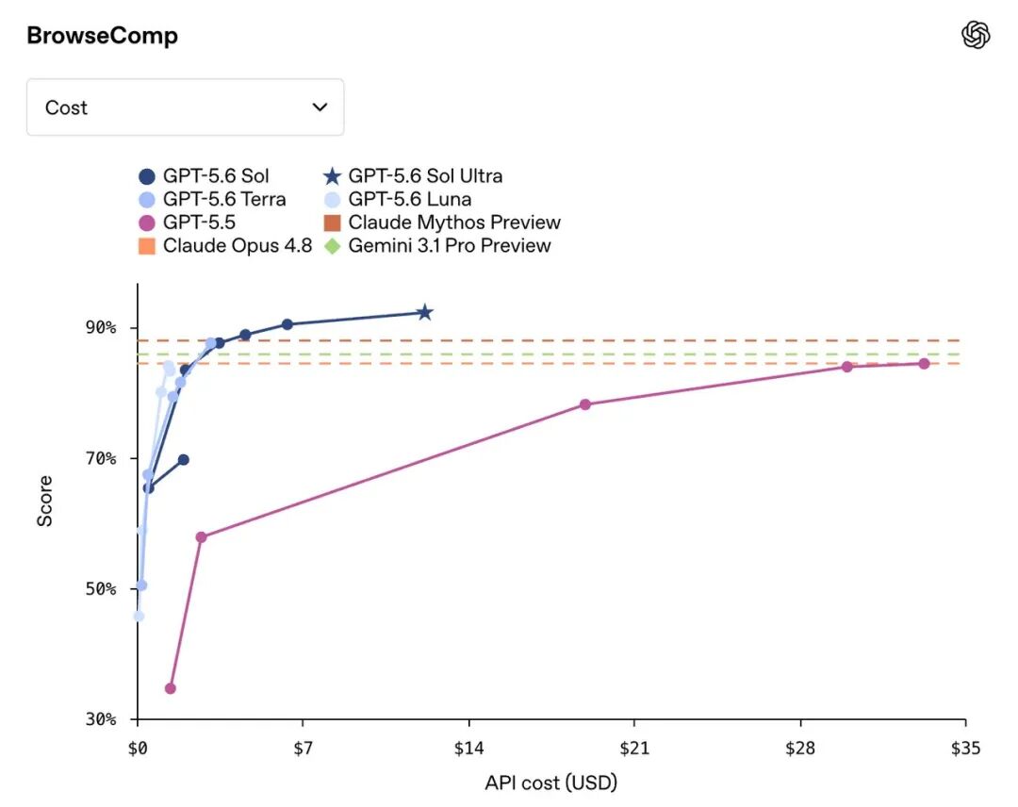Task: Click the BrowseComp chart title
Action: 102,35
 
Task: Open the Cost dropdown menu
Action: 185,107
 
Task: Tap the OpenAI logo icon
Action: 976,34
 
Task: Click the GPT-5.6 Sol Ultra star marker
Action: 424,312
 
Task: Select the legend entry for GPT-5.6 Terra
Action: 213,199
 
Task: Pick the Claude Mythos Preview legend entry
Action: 442,222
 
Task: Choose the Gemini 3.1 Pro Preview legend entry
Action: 437,246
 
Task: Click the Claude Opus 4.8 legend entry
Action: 225,246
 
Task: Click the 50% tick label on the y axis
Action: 101,589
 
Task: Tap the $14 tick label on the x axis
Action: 468,749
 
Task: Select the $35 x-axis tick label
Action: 965,749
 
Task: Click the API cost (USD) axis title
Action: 550,783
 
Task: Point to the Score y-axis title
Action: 44,501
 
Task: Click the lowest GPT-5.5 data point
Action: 170,688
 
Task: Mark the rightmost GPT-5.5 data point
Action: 924,364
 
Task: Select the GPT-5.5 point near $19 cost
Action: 585,404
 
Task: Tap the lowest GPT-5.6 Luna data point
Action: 139,617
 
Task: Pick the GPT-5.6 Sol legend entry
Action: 204,176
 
